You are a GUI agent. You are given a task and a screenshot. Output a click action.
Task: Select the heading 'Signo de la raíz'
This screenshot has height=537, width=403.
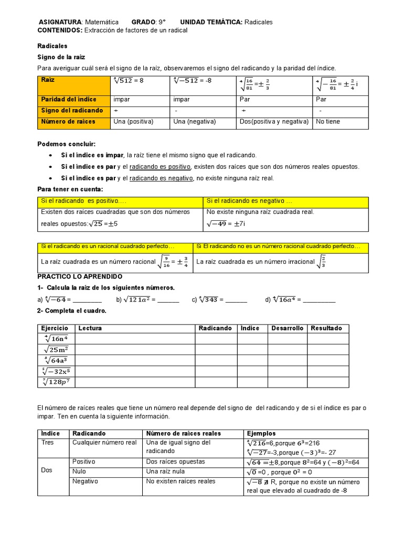[61, 57]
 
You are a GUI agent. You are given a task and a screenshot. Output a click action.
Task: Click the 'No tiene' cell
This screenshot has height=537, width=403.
[328, 122]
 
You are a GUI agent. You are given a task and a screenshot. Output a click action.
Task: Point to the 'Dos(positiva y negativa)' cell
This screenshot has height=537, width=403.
[274, 122]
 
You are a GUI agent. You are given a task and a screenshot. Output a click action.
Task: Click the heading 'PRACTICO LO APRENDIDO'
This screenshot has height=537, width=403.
[80, 276]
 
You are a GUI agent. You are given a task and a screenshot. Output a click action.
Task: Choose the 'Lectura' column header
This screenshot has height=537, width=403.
[90, 328]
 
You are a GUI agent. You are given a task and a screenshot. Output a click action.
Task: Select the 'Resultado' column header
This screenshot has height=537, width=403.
[326, 328]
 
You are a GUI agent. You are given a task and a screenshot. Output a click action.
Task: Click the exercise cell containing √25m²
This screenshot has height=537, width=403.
[57, 350]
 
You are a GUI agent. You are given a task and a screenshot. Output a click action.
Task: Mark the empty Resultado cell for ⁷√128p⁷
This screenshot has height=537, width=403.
[327, 382]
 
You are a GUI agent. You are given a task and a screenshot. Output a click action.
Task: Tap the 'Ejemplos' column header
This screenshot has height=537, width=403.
[261, 434]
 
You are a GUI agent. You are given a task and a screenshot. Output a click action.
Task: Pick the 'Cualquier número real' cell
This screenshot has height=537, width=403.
[104, 443]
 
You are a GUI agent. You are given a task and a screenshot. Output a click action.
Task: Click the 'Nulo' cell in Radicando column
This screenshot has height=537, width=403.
[80, 471]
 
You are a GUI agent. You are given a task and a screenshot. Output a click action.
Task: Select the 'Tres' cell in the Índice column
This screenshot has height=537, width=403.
[48, 443]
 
